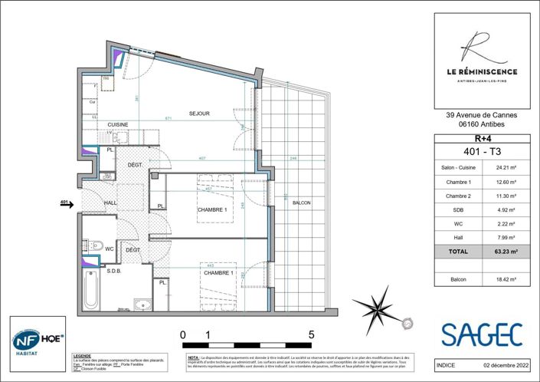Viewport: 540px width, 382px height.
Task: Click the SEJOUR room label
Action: pyautogui.click(x=199, y=114)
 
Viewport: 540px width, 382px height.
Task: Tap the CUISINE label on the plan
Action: pyautogui.click(x=117, y=124)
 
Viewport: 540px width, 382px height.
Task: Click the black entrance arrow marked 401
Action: pyautogui.click(x=69, y=204)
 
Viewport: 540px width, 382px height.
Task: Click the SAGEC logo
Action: pyautogui.click(x=482, y=334)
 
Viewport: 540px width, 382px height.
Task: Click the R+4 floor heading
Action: pyautogui.click(x=483, y=138)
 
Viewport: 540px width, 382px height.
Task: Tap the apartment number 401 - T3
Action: pyautogui.click(x=483, y=150)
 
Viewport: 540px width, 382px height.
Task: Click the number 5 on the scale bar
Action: pyautogui.click(x=311, y=334)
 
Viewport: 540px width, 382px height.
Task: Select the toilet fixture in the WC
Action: pyautogui.click(x=94, y=246)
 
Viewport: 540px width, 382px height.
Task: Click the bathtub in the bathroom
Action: pyautogui.click(x=91, y=292)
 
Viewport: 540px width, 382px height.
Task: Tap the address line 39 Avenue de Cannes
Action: pyautogui.click(x=483, y=117)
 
